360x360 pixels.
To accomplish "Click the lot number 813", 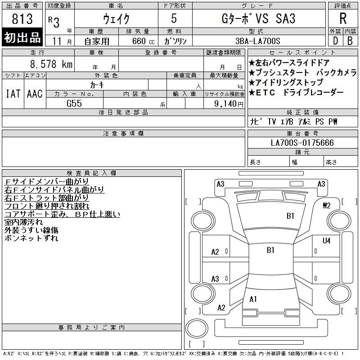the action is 22,18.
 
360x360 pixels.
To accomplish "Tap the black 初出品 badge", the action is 22,37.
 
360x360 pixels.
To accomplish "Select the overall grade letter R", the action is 343,18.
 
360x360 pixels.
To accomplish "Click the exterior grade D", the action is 335,41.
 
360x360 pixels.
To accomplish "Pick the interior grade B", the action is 350,41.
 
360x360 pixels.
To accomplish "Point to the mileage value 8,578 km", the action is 51,64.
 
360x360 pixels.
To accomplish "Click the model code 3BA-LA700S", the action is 258,41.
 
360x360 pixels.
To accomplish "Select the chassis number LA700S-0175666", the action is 302,143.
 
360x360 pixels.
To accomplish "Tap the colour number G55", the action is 74,103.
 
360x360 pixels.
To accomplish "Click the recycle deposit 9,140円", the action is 229,103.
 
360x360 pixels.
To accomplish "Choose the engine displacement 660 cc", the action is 143,41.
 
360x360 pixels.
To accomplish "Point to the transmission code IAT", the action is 13,94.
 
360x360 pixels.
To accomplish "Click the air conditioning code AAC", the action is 35,94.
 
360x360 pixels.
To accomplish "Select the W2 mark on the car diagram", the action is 327,205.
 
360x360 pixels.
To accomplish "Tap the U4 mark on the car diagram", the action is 326,241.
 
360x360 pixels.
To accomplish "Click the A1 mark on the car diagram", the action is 253,299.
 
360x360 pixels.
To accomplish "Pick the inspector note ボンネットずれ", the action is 31,238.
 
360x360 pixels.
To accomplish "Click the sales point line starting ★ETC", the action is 296,92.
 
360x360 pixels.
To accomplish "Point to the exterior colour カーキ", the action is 97,85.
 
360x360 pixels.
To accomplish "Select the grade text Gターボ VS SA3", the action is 258,18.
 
